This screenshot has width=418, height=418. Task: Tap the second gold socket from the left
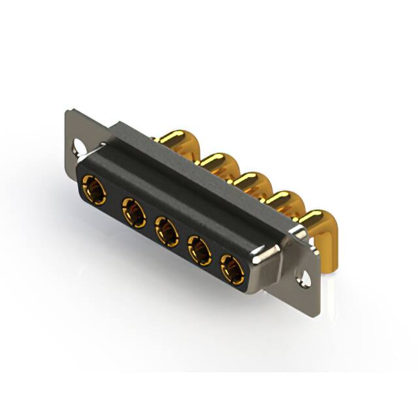[x=133, y=212]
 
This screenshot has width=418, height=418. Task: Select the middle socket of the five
[x=167, y=231]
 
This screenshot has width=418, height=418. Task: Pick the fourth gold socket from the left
[x=200, y=249]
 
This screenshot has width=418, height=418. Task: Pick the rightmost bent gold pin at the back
[x=318, y=222]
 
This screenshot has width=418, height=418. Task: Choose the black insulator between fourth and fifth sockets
[x=216, y=259]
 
